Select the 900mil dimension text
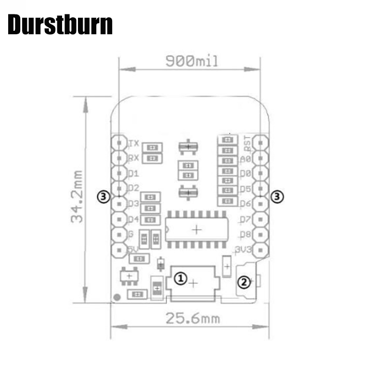(192, 61)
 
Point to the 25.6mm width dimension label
(192, 318)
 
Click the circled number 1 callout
(180, 278)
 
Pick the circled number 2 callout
(244, 282)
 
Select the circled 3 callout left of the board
(103, 196)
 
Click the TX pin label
(134, 143)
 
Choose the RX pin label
(134, 158)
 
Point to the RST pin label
(246, 141)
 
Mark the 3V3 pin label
(244, 249)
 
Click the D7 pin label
(245, 219)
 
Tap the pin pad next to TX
(118, 142)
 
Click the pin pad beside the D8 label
(260, 235)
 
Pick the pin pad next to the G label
(118, 235)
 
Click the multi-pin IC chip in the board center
(196, 230)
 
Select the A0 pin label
(245, 159)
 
